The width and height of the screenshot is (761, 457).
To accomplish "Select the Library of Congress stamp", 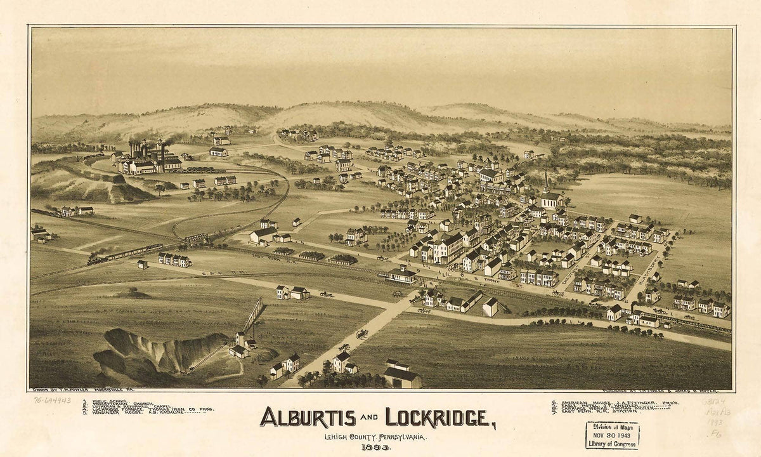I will [612, 435].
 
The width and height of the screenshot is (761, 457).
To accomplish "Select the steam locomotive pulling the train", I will [96, 260].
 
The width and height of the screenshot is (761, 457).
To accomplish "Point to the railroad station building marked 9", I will [401, 274].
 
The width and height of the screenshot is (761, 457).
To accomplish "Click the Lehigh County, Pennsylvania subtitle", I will [374, 437].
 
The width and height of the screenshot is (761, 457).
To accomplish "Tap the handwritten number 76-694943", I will [53, 401].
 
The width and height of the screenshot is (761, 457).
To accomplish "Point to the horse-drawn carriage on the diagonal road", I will [362, 334].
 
